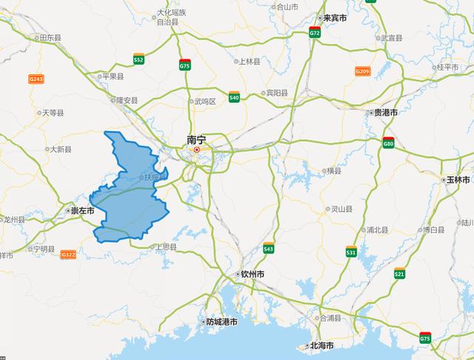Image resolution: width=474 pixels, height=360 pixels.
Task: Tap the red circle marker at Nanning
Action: click(x=197, y=150)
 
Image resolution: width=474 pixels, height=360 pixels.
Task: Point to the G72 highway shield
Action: click(x=316, y=33)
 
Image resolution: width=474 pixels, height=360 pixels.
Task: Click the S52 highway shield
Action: click(x=138, y=58)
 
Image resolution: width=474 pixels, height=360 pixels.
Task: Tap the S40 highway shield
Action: click(x=234, y=96)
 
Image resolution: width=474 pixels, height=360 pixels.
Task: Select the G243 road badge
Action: click(x=36, y=79)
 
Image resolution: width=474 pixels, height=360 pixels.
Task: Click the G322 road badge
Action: click(x=69, y=255)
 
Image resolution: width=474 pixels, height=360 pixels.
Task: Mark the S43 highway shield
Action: click(x=268, y=248)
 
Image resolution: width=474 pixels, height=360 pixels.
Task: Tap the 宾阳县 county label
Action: click(x=276, y=93)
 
